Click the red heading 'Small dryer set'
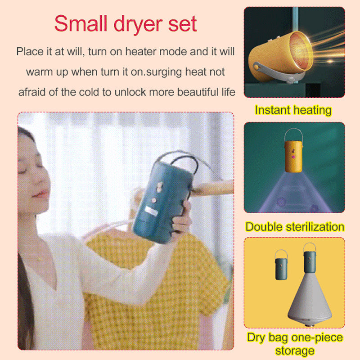[126, 24]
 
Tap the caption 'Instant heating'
[293, 110]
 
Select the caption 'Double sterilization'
[295, 227]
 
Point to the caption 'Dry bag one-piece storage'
[295, 344]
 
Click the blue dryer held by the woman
[163, 202]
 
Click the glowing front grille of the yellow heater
[301, 52]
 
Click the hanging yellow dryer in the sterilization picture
[293, 156]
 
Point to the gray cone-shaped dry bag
[310, 298]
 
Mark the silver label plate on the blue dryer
[152, 211]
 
